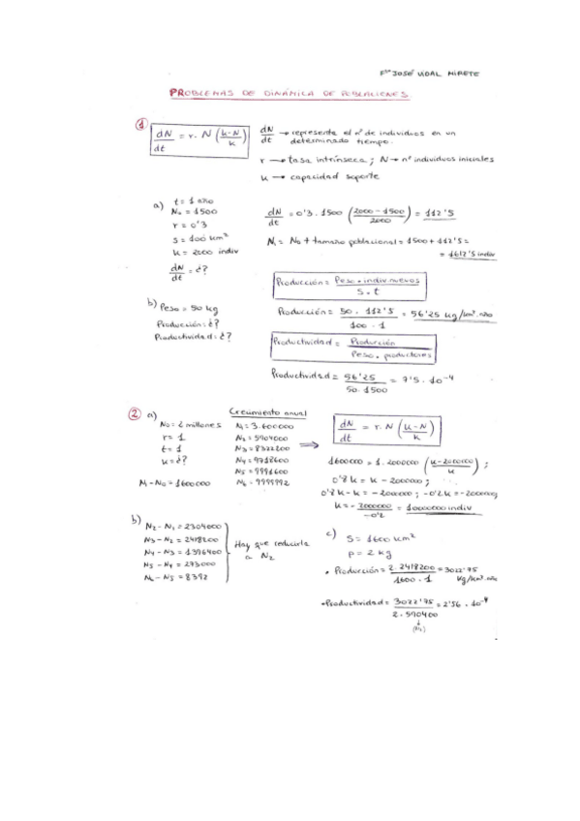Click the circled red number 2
click(x=136, y=413)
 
